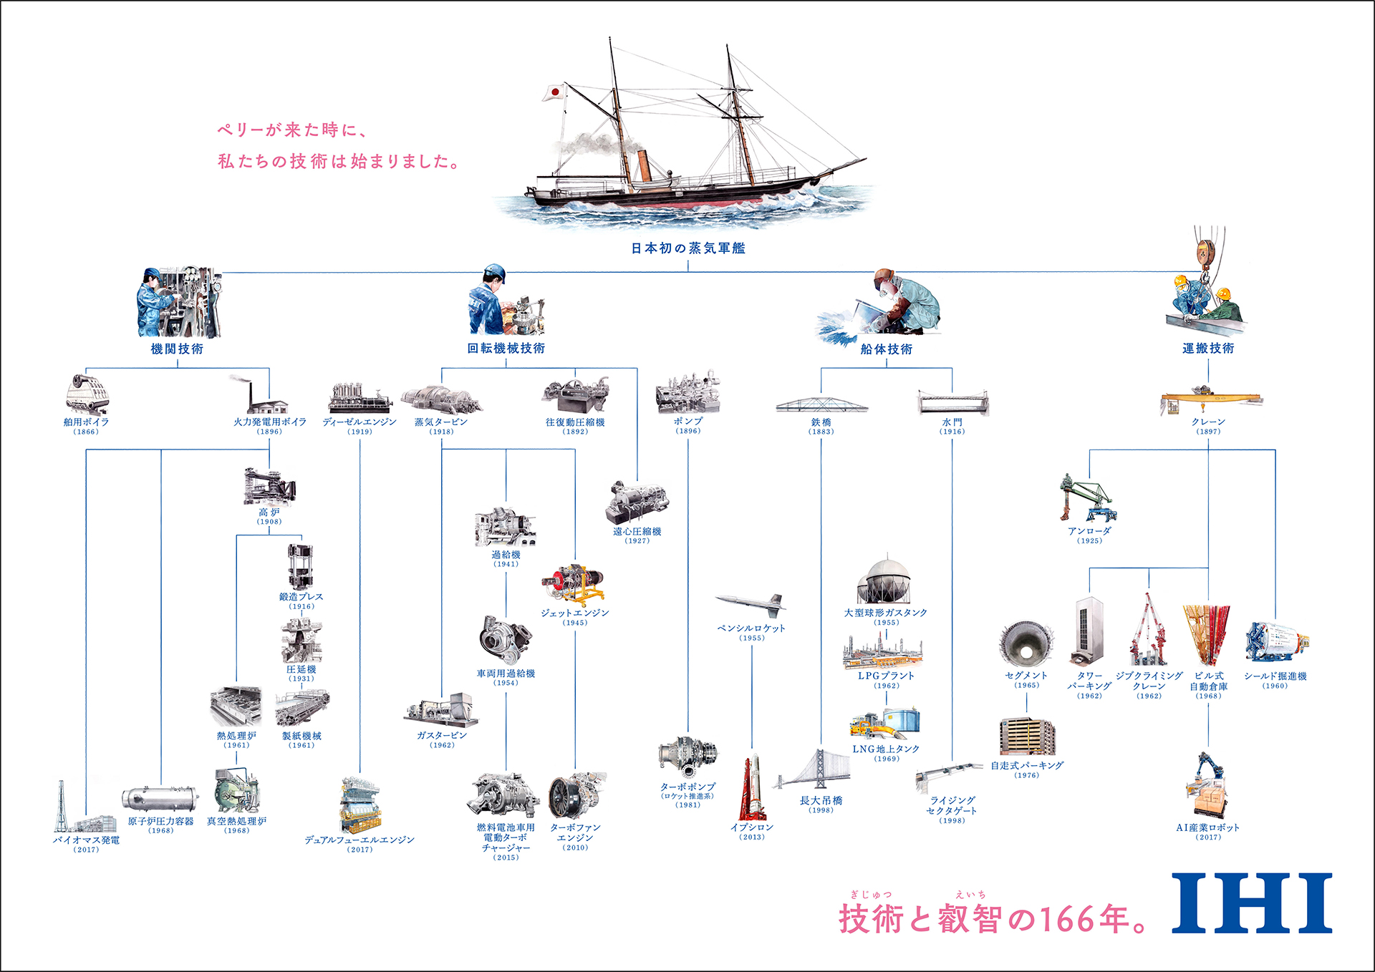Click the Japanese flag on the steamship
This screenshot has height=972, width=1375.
pyautogui.click(x=554, y=92)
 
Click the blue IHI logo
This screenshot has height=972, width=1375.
pyautogui.click(x=1251, y=903)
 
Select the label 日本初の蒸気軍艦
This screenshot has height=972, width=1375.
pyautogui.click(x=688, y=248)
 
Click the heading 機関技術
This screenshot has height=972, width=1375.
pyautogui.click(x=177, y=349)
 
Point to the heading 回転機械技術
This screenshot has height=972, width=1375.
pyautogui.click(x=506, y=348)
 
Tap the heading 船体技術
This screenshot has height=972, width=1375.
pyautogui.click(x=886, y=349)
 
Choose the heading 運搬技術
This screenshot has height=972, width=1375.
pyautogui.click(x=1208, y=348)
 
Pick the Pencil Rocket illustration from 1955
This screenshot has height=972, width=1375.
pyautogui.click(x=751, y=603)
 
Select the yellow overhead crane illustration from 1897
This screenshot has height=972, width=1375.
pyautogui.click(x=1210, y=399)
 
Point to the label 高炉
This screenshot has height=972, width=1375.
pyautogui.click(x=269, y=512)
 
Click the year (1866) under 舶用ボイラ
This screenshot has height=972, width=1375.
pyautogui.click(x=86, y=432)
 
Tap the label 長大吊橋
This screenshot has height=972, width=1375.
pyautogui.click(x=821, y=800)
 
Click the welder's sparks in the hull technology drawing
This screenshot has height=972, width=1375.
pyautogui.click(x=838, y=326)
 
